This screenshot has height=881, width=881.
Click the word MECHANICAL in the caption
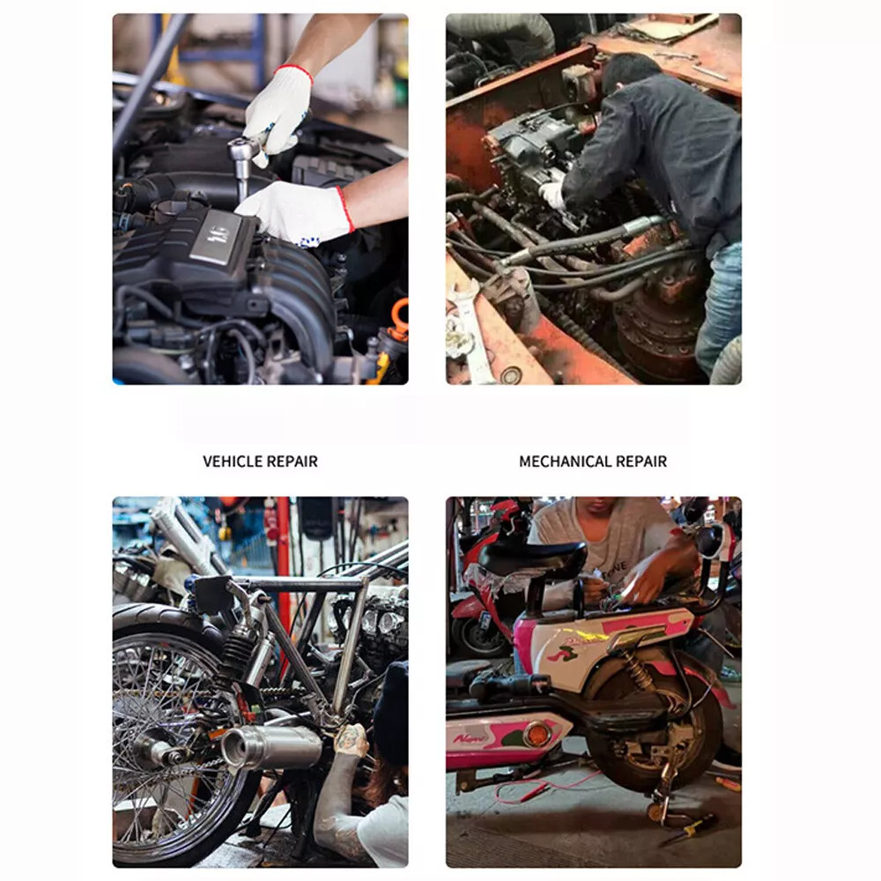coord(566,462)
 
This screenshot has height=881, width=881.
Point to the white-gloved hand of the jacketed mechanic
coord(552,195)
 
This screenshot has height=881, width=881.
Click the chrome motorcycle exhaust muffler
coord(271,745)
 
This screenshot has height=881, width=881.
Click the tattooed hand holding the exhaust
coord(350,740)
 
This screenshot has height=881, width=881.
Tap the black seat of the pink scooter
coord(531,556)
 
